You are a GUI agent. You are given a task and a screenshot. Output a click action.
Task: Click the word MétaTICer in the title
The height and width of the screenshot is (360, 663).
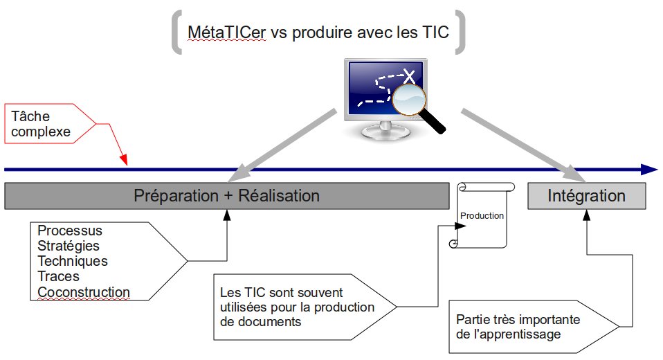[x=226, y=32]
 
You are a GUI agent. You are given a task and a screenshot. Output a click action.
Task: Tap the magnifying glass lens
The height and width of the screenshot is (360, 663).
[x=409, y=100]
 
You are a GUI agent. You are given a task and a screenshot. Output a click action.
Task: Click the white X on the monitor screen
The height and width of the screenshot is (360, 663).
[x=408, y=76]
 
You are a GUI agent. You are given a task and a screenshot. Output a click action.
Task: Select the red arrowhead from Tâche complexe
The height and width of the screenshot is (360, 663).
[x=123, y=159]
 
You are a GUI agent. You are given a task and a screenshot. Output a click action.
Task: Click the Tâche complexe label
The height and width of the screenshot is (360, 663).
[x=41, y=124]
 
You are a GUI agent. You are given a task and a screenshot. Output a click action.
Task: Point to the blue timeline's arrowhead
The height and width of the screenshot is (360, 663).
[x=649, y=170]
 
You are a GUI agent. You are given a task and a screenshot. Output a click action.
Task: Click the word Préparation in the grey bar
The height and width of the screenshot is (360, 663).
[x=176, y=196]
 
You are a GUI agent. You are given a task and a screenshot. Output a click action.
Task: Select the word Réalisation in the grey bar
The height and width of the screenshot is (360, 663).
[x=279, y=196]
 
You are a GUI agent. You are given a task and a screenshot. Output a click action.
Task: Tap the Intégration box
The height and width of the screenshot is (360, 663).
[x=586, y=196]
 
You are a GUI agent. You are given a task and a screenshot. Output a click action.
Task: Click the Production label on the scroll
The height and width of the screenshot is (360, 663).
[x=482, y=216]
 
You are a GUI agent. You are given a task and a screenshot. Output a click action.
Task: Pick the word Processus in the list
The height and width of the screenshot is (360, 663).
[x=70, y=231]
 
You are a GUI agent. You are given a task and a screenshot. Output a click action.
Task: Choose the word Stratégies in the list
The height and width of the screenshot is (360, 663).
[x=69, y=246]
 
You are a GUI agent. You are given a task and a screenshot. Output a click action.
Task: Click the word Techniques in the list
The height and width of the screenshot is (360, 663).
[x=73, y=261]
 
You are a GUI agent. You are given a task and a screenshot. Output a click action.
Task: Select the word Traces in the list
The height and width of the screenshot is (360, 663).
[x=58, y=276]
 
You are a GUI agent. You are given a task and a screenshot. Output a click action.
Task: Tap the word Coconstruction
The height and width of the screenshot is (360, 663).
[x=84, y=292]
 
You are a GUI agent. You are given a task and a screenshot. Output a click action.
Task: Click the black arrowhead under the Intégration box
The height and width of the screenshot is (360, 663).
[x=586, y=215]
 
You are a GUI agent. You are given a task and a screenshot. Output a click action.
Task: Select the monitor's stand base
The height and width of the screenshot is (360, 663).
[x=385, y=132]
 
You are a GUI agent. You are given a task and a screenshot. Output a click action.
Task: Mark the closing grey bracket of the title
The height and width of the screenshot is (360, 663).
[x=460, y=32]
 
